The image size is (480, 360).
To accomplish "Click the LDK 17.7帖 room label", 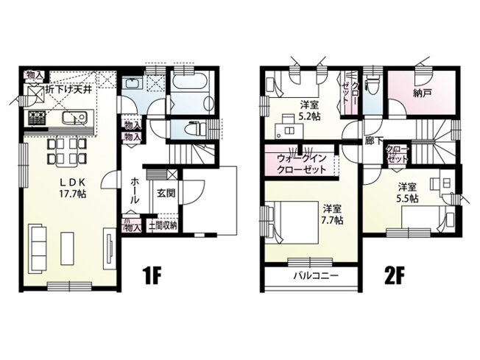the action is tap(73, 188).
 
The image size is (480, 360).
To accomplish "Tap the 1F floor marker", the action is tap(151, 275).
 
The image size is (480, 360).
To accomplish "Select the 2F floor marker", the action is tap(395, 275).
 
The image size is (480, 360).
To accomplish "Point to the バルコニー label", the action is tap(316, 276).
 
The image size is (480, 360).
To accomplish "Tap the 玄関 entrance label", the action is tap(166, 193).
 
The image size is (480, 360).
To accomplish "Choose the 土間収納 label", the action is tap(163, 226).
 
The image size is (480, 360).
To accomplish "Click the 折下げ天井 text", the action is tap(71, 89).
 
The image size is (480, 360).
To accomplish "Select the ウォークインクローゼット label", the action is tap(302, 163).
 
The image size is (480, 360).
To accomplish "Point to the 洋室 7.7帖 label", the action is tap(333, 214).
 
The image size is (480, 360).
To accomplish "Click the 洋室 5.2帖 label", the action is tap(310, 111).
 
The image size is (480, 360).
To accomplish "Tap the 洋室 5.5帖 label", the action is tap(407, 193).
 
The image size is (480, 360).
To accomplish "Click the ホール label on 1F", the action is tap(135, 191).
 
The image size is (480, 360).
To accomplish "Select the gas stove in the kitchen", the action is tap(37, 118).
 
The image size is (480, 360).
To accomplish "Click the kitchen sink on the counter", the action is tap(74, 119).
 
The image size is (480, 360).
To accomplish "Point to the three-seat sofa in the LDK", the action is tap(38, 249).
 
